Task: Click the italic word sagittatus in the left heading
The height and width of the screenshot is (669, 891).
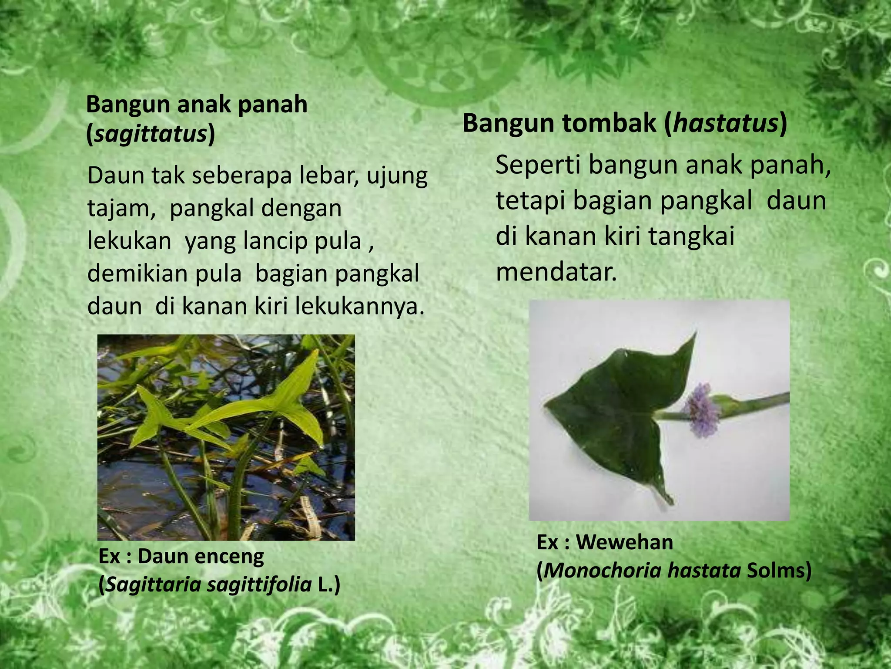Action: tap(150, 135)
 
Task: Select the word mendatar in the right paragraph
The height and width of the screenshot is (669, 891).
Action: tap(556, 273)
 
